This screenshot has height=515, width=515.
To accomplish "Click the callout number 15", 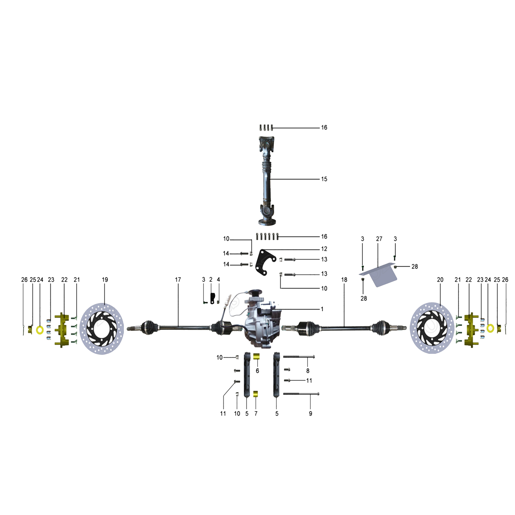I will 324,179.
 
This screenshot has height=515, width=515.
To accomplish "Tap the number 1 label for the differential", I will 322,309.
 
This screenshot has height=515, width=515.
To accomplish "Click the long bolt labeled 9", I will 301,394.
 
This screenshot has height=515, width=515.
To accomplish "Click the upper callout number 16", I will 324,128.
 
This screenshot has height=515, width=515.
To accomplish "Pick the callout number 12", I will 324,249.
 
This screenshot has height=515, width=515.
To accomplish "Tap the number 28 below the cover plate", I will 364,299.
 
